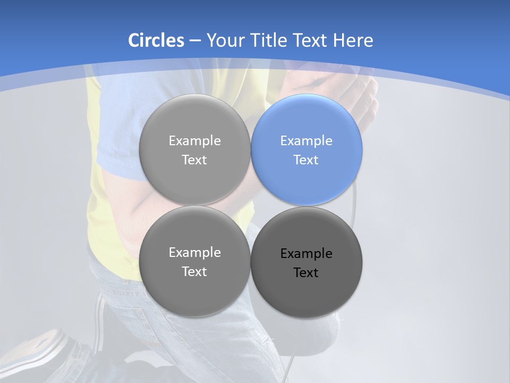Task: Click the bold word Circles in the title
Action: point(156,40)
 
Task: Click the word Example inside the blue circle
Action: point(306,141)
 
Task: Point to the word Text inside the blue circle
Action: point(306,160)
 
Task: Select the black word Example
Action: point(306,254)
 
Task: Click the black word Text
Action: point(306,273)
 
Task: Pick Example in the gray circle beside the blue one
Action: point(194,141)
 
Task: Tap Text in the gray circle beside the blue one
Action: point(194,160)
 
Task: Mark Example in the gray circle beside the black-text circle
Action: point(194,253)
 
